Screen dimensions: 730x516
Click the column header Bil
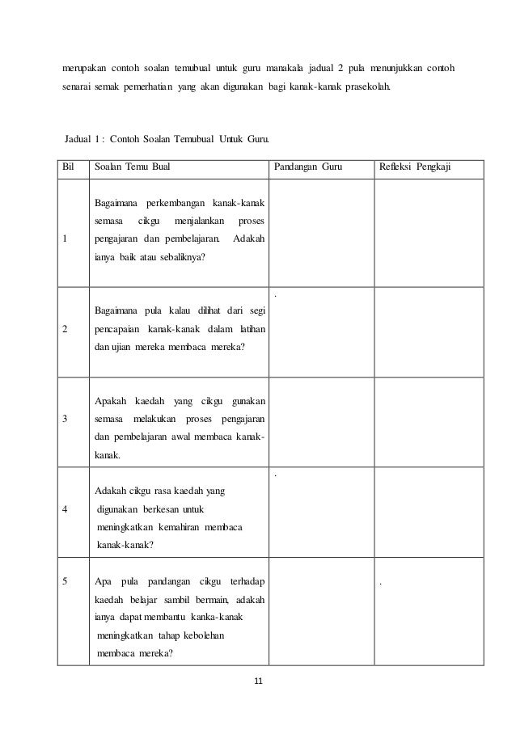69,168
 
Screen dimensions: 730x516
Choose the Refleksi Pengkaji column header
415,168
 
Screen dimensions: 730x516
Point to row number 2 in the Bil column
65,329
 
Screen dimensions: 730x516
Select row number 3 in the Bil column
65,418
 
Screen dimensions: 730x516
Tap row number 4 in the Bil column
65,509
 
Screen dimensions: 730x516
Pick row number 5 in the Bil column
65,580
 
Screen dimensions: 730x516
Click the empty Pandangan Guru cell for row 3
320,422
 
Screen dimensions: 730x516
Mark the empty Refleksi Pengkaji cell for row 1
428,233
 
